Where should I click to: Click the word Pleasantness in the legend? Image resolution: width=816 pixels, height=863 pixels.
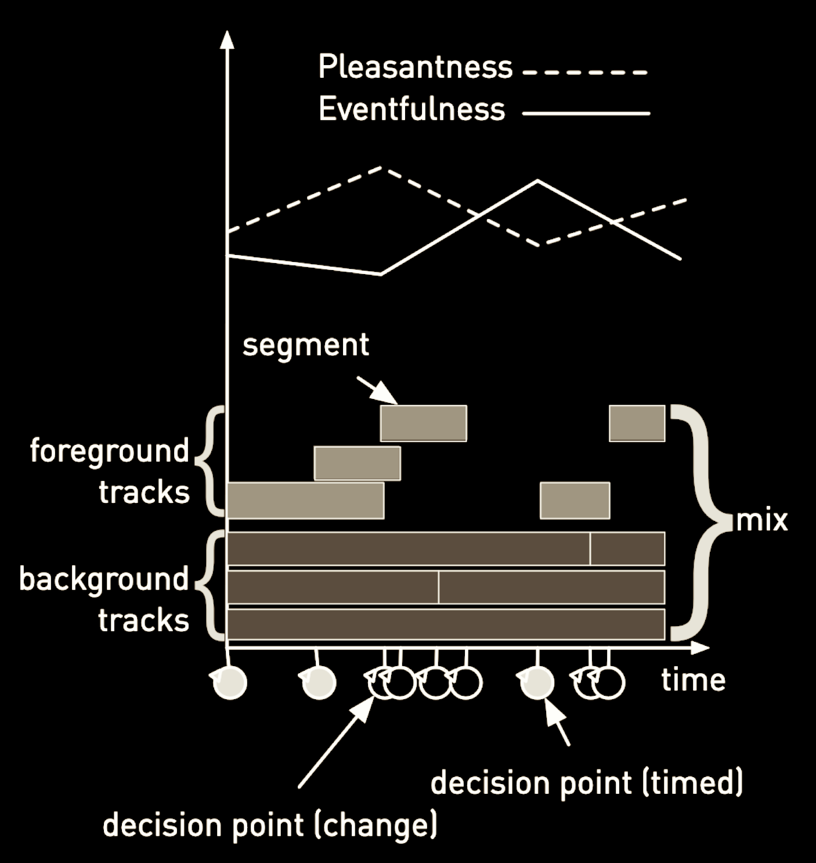(415, 68)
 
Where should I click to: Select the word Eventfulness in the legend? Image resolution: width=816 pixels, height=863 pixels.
(411, 110)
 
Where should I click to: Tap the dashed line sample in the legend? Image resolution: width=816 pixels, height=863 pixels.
(585, 73)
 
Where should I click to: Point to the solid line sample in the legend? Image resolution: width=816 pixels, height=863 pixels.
(586, 113)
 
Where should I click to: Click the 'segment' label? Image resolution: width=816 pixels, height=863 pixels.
(305, 345)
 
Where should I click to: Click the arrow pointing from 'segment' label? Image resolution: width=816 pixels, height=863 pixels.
(377, 390)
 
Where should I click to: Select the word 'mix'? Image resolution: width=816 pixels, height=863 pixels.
(761, 520)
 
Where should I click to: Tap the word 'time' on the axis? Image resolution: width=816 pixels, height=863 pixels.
(693, 679)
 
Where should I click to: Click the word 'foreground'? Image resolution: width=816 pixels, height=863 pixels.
(110, 451)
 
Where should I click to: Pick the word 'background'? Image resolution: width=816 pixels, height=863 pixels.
(104, 579)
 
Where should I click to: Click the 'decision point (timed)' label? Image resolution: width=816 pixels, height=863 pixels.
(586, 782)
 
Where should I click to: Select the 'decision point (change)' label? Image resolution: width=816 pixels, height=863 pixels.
(270, 825)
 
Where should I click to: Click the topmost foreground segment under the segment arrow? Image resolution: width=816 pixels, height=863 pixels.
(423, 423)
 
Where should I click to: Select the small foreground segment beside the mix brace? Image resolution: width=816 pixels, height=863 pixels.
(637, 423)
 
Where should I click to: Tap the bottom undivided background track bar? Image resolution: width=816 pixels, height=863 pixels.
(446, 624)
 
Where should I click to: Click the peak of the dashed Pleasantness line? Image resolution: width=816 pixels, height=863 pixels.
(381, 168)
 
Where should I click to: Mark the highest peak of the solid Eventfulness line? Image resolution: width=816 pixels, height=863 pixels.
(538, 181)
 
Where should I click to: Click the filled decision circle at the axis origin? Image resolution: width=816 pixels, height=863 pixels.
(230, 682)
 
